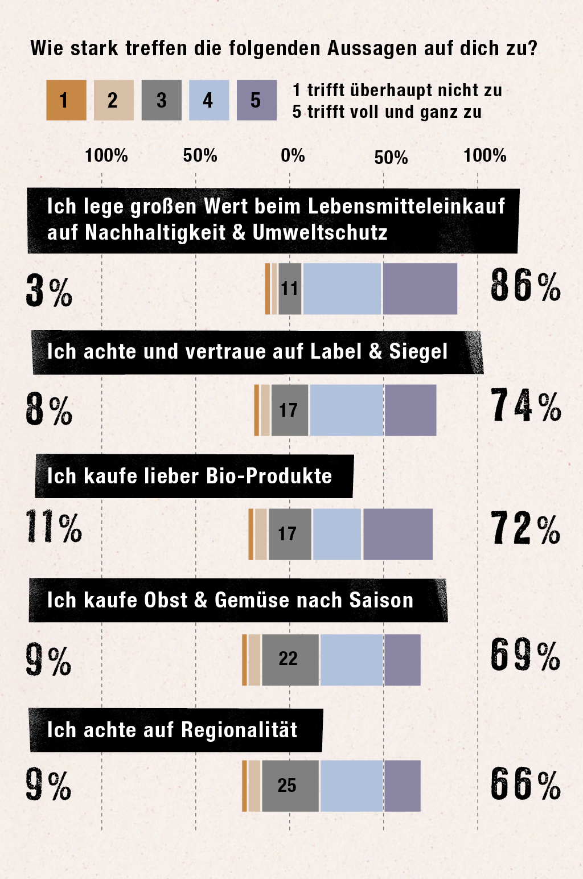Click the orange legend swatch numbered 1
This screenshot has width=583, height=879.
pos(66,100)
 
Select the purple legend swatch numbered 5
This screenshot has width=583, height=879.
pos(256,100)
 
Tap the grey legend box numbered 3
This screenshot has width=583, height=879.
pos(161,100)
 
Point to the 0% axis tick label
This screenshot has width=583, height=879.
pos(293,155)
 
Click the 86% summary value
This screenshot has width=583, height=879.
pos(525,286)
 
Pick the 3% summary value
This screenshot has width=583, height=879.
pos(49,291)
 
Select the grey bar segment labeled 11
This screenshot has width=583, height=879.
pos(290,289)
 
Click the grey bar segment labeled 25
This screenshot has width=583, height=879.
pos(290,786)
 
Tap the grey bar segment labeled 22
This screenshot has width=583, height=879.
pos(290,659)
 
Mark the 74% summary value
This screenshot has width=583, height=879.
pos(525,406)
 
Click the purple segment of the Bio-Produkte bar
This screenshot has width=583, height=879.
pos(397,534)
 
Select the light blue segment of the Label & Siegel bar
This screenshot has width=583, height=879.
pos(346,410)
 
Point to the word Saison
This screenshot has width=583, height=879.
pos(381,600)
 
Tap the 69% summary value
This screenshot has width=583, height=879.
pos(525,655)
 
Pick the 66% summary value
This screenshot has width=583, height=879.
pos(525,784)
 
